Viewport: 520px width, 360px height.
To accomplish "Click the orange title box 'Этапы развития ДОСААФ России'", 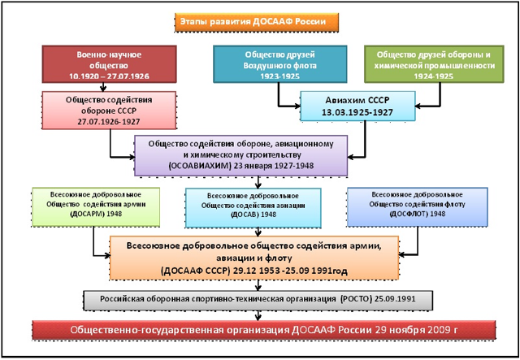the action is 257,22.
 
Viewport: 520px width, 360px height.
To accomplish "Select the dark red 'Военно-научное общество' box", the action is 109,64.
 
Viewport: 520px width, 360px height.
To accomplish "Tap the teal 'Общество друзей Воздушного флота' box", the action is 279,64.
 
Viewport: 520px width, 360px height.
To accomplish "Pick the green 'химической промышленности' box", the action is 434,64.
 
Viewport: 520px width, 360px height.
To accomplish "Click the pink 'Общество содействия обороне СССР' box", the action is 109,111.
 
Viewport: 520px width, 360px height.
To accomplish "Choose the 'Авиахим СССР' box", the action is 357,106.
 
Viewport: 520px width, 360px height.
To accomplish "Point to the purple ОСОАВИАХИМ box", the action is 240,155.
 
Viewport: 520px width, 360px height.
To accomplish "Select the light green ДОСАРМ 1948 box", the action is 96,207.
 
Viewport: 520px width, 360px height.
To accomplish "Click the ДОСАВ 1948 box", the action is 253,208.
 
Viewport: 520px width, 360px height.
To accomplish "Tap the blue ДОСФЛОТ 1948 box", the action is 417,207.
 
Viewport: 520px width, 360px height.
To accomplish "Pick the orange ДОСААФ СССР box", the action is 254,258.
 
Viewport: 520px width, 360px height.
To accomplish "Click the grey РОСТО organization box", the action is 258,301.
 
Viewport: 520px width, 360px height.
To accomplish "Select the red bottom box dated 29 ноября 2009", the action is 263,330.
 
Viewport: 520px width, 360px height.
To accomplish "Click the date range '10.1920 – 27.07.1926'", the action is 109,76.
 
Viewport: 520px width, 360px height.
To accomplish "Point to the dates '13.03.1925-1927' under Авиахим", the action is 357,112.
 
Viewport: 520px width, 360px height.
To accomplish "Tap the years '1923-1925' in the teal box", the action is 279,76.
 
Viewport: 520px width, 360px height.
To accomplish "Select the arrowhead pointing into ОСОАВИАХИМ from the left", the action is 131,157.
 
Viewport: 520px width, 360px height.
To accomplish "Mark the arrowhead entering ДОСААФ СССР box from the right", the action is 402,255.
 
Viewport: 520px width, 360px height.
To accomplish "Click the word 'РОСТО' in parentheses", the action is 356,299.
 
